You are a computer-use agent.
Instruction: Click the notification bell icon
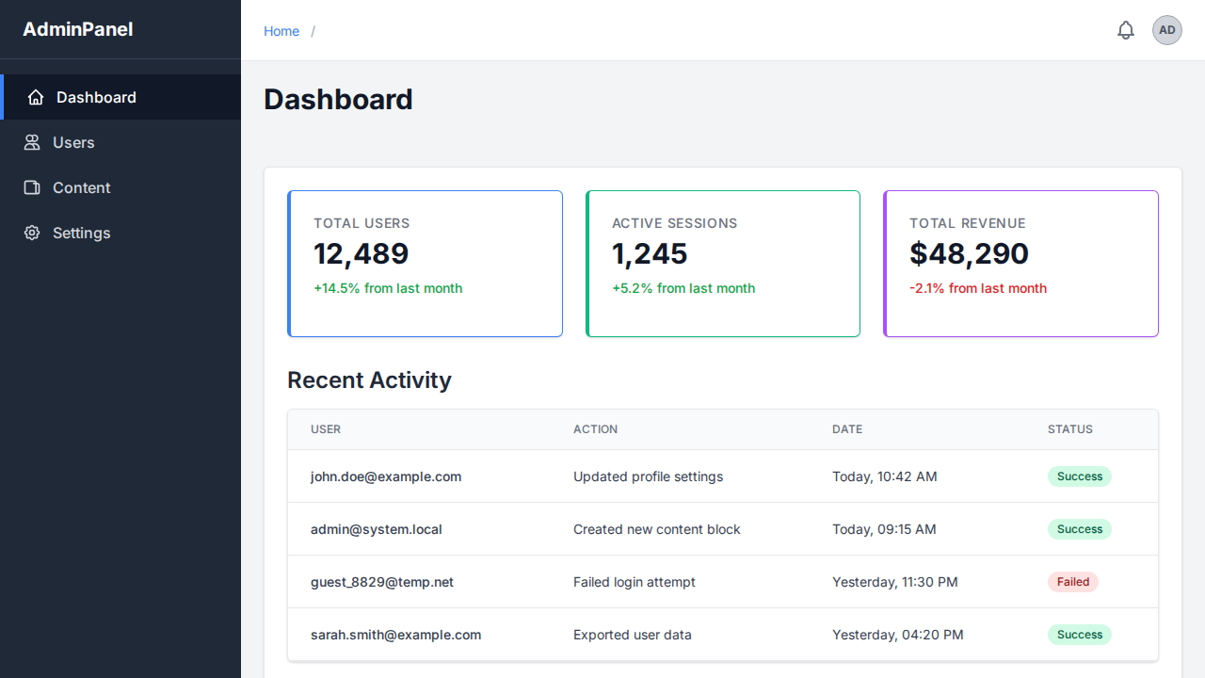point(1126,30)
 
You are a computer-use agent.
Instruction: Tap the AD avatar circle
point(1167,30)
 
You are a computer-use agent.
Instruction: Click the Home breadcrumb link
point(281,31)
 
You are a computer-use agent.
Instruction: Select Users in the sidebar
point(73,142)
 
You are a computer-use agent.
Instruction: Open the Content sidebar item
point(81,187)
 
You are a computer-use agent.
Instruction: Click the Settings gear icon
point(32,233)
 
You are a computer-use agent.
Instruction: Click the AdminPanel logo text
point(78,29)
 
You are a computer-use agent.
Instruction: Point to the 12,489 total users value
point(361,253)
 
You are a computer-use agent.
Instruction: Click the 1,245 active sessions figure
point(650,253)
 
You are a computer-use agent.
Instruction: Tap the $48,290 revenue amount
point(969,253)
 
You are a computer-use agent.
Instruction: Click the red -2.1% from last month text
point(978,288)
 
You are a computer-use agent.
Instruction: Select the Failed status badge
point(1072,582)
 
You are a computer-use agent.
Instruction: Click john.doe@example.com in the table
point(386,476)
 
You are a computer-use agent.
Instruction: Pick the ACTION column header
point(595,429)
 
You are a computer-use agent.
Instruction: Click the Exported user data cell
point(633,635)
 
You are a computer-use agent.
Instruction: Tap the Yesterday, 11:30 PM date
point(894,582)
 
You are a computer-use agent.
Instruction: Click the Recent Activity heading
point(369,379)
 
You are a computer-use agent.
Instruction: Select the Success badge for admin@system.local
point(1079,529)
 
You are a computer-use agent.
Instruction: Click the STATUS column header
point(1069,429)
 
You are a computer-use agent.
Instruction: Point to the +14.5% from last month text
point(388,288)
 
